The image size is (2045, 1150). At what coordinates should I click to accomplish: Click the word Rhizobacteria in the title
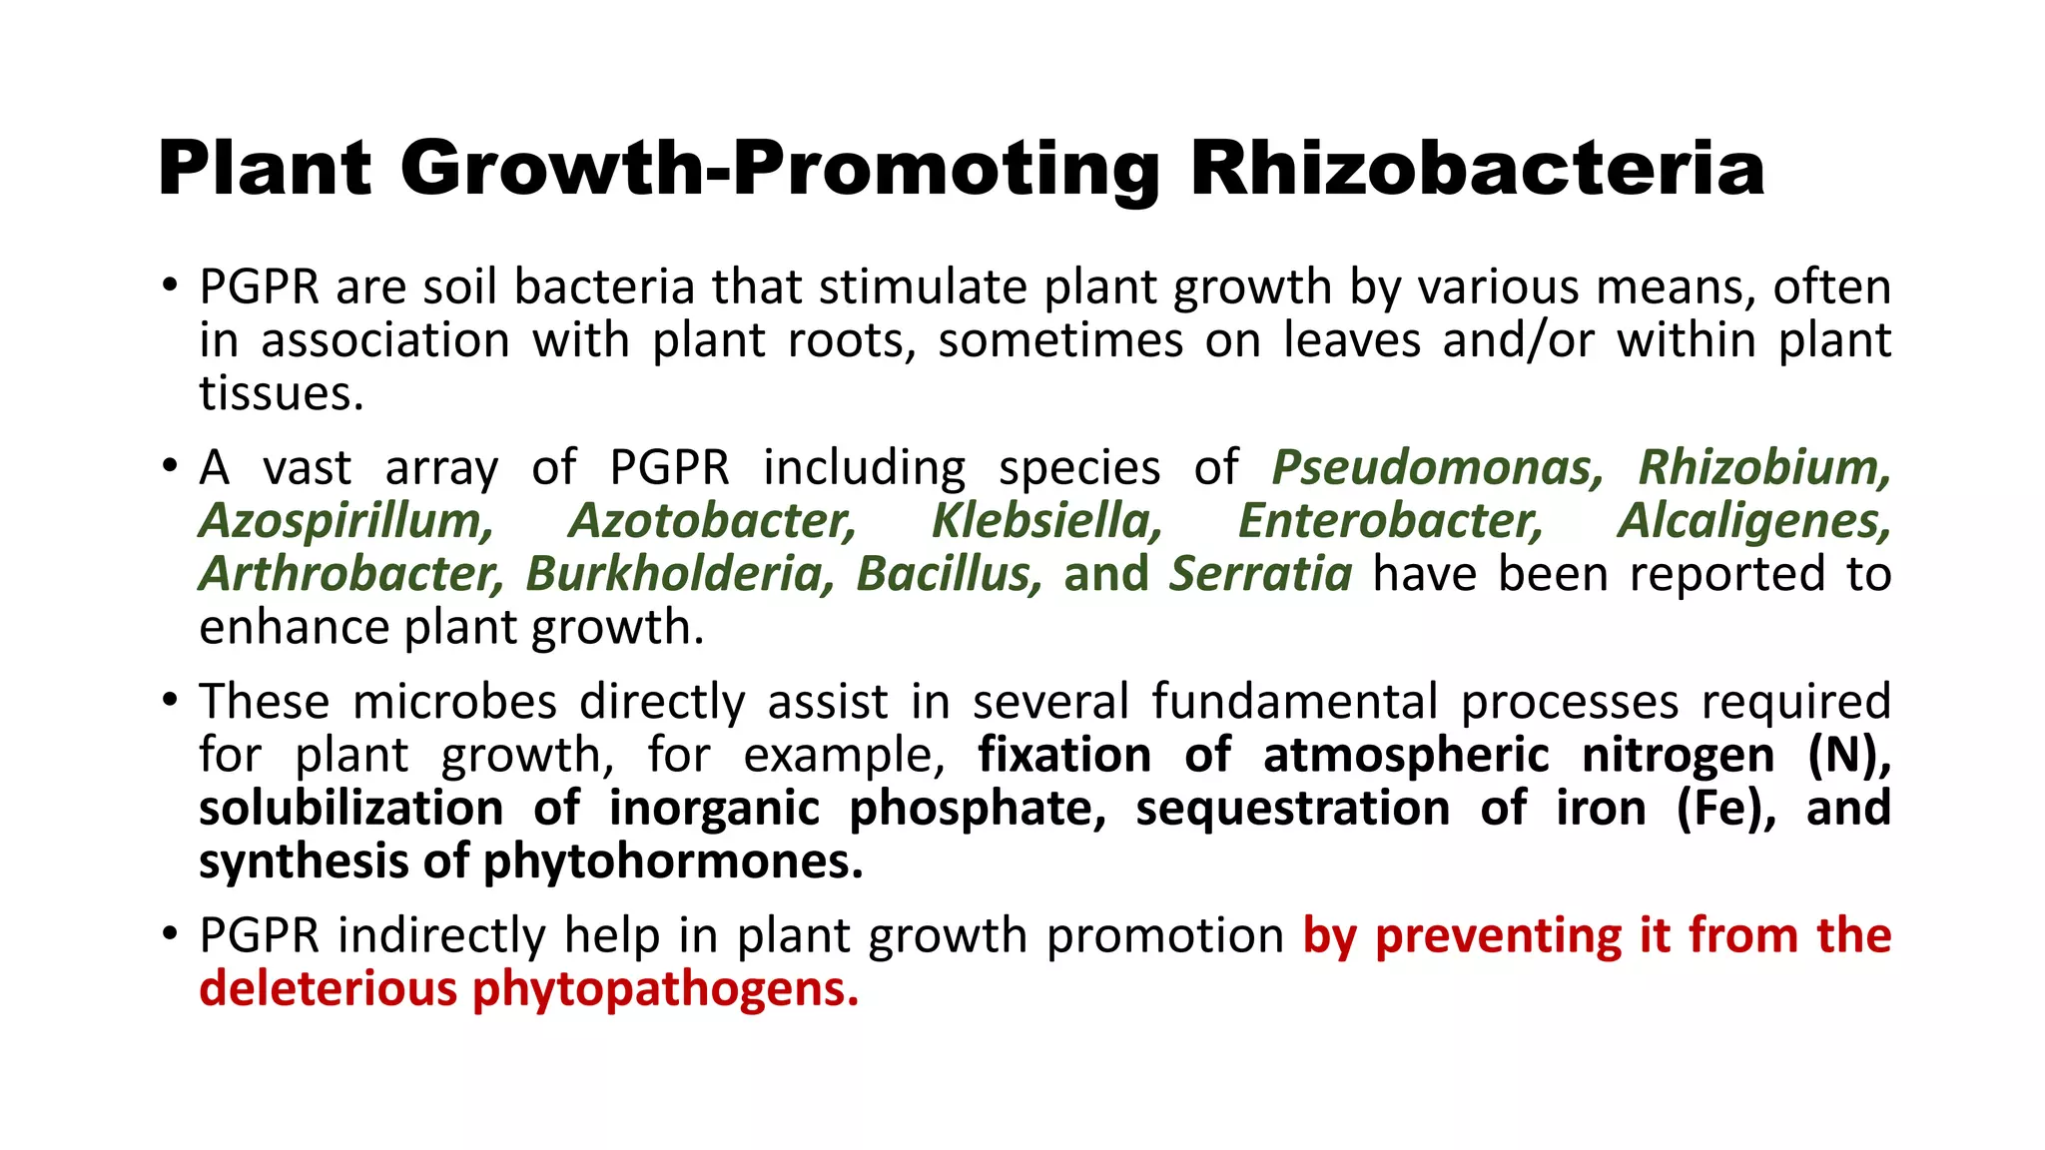1477,168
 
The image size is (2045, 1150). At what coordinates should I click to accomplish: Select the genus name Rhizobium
1764,467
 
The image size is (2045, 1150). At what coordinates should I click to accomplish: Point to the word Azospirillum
345,521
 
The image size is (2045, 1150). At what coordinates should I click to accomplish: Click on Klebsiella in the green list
1046,521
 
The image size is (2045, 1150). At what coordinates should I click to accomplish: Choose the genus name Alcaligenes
1754,521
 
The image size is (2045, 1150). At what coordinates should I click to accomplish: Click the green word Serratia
1261,574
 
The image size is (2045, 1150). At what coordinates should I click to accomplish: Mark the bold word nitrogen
1679,755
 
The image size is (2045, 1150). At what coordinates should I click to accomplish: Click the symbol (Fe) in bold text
1726,809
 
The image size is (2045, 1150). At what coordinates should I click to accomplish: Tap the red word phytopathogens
665,989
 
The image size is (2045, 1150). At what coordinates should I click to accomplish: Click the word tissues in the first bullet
281,393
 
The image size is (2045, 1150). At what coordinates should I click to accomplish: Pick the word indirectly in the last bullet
442,936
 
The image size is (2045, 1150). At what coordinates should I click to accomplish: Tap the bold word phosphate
978,809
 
